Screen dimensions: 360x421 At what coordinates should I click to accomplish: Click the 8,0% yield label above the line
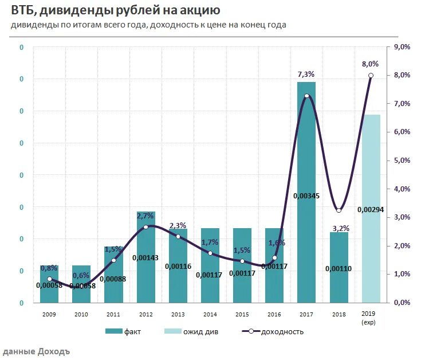[x=370, y=64]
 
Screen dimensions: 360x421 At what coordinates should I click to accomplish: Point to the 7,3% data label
[x=306, y=75]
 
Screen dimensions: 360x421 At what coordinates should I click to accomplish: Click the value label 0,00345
[x=306, y=196]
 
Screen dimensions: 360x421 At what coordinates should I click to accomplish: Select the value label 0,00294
[x=371, y=210]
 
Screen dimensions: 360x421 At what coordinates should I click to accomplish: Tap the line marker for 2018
[x=339, y=210]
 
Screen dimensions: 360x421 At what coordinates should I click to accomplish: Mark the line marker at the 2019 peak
[x=371, y=76]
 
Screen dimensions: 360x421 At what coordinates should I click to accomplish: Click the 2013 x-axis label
[x=178, y=314]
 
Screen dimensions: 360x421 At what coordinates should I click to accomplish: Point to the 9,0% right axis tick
[x=401, y=47]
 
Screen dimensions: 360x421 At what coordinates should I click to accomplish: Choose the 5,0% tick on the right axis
[x=401, y=161]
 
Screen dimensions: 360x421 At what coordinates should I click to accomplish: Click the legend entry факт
[x=132, y=331]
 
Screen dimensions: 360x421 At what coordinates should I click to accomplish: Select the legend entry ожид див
[x=203, y=331]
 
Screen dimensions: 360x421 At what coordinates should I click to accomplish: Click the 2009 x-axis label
[x=49, y=314]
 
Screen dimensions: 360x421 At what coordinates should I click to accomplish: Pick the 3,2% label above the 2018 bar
[x=339, y=228]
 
